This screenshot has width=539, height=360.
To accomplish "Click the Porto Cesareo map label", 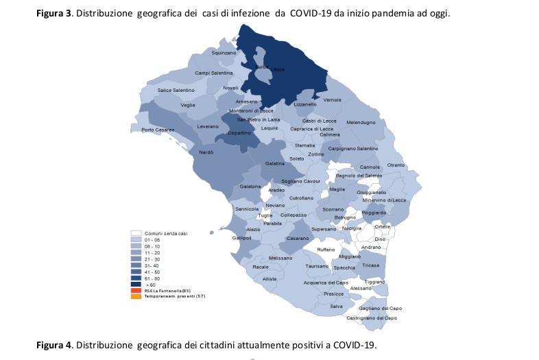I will pos(158,130).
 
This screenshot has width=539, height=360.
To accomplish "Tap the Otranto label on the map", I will pos(396,165).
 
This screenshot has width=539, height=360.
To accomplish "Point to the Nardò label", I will pos(206,152).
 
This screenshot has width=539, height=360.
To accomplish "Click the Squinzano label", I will pos(224,53).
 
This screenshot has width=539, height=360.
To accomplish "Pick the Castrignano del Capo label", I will pos(372,318).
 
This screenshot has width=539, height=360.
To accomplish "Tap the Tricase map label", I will pos(370,265).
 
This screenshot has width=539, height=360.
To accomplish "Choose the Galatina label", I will pos(275,165).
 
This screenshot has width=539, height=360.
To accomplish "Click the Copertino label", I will pos(239,133).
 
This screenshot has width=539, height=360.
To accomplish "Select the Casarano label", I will pos(297,238).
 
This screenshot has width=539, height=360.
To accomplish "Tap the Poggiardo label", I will pos(374,213).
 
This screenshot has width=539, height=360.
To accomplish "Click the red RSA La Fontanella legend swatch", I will pos(136,290).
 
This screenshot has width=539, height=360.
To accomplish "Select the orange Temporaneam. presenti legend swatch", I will pos(136,296).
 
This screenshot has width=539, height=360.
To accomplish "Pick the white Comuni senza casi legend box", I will pos(136,233).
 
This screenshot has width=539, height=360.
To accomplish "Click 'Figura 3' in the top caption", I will pos(56,13).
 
